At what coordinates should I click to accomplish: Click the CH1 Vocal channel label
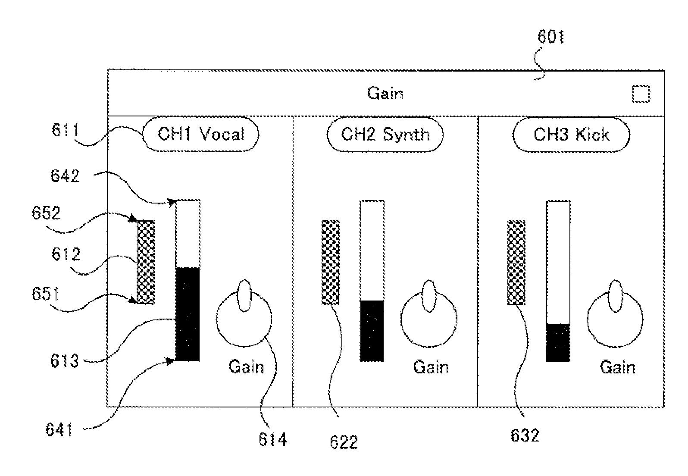[200, 134]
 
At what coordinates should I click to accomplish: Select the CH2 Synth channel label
[385, 134]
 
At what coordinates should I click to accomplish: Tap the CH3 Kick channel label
[571, 135]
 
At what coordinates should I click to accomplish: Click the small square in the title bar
[641, 94]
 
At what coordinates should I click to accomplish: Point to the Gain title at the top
[385, 93]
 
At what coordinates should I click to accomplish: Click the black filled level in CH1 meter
[188, 314]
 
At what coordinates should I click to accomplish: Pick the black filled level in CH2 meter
[372, 331]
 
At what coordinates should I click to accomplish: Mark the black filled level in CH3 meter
[558, 342]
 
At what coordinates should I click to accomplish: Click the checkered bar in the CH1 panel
[146, 262]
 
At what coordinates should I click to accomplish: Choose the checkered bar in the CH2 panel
[331, 263]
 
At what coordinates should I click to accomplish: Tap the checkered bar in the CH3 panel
[516, 263]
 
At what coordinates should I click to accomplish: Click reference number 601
[551, 37]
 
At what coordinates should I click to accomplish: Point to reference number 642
[65, 176]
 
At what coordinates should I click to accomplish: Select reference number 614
[273, 439]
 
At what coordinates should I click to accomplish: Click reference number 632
[525, 435]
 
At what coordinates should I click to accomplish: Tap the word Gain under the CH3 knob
[617, 367]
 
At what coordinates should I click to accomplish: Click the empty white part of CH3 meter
[558, 262]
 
